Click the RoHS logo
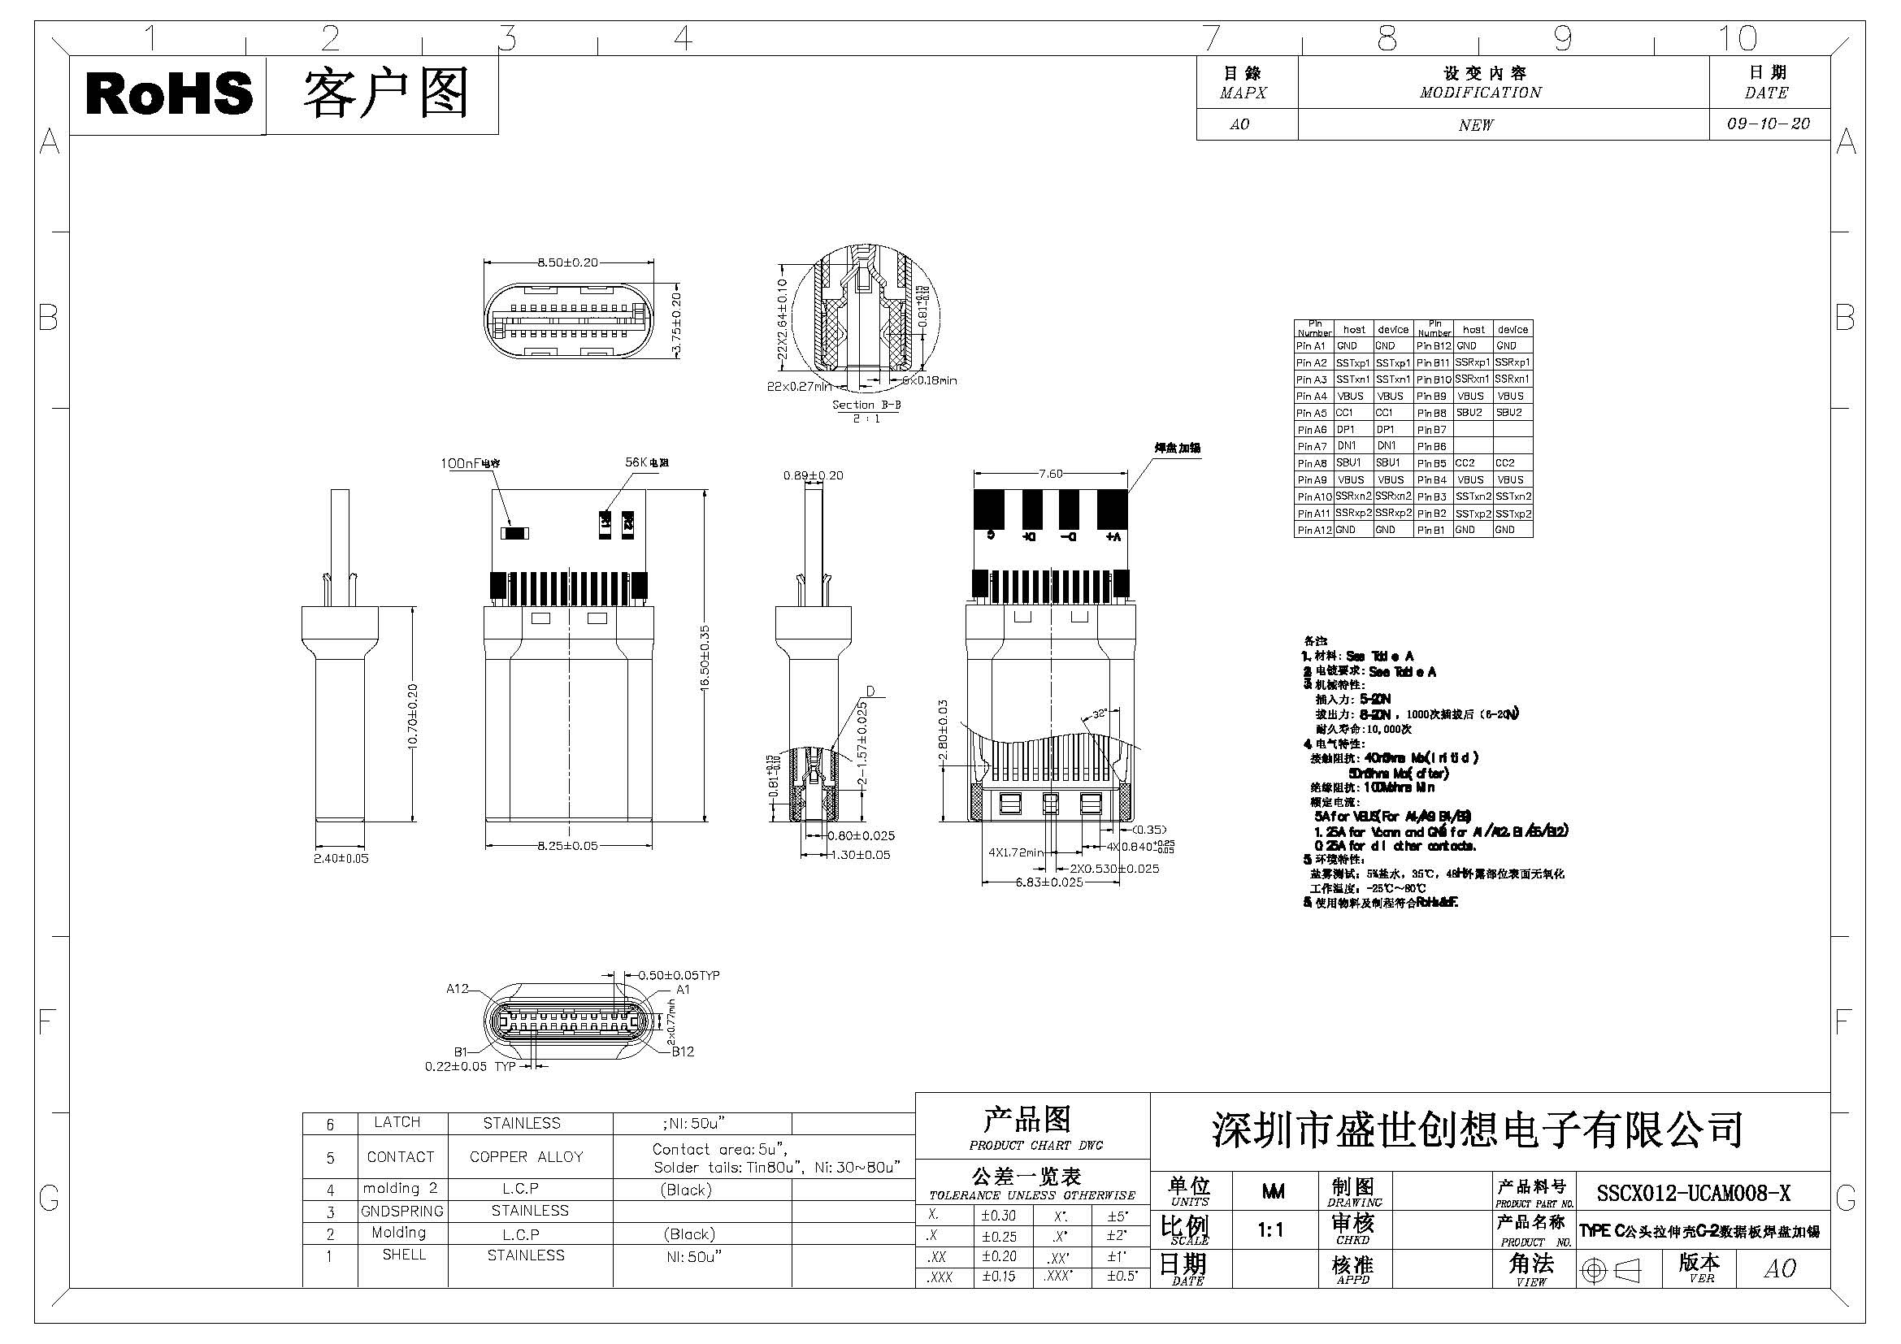click(168, 93)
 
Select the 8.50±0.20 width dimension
click(567, 262)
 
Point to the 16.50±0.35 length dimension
click(705, 658)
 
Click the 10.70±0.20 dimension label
click(413, 715)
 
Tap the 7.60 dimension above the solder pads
click(1051, 475)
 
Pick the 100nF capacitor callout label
click(471, 463)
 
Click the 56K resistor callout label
click(647, 462)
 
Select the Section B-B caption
click(866, 405)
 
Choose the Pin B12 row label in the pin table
click(1434, 346)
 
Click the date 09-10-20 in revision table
click(1769, 124)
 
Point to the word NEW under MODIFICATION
click(1476, 125)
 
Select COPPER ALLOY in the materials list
click(526, 1157)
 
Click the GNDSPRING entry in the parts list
click(401, 1211)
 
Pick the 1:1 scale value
click(1271, 1230)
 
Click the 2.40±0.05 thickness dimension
click(341, 858)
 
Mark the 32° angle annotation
click(1099, 713)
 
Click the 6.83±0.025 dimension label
click(1049, 882)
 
